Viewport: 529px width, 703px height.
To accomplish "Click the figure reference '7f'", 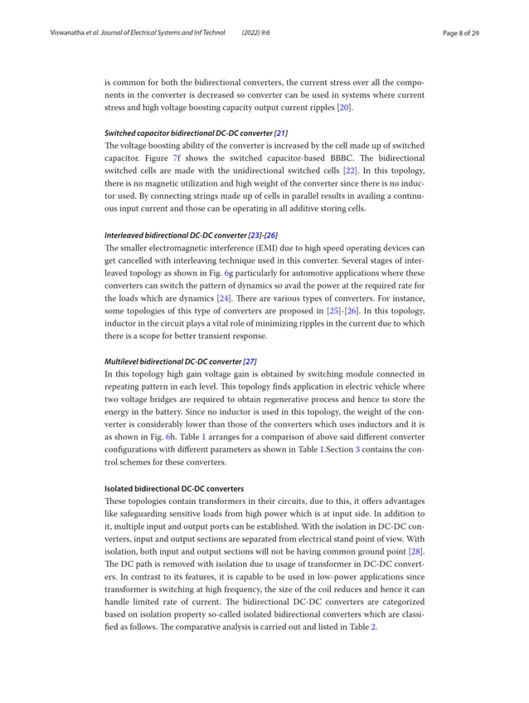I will (175, 158).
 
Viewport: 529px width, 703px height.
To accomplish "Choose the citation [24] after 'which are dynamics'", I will (223, 297).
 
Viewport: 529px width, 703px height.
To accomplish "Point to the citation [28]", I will (415, 550).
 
